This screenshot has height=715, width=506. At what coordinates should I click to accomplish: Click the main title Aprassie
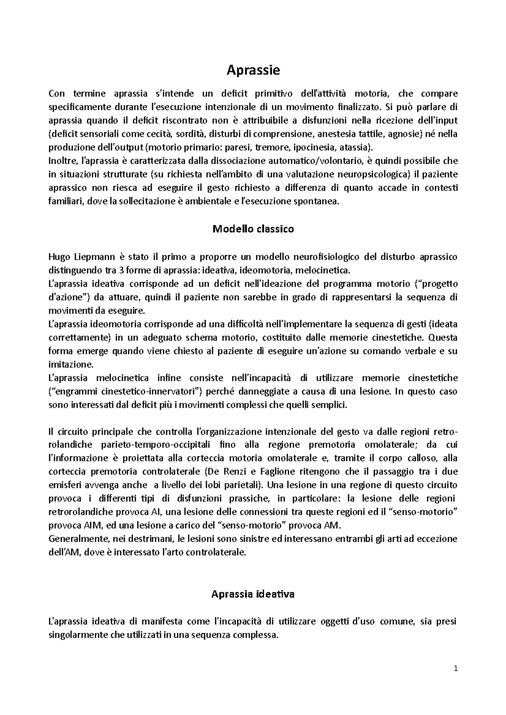click(253, 70)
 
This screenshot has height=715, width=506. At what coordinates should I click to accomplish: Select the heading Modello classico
click(253, 229)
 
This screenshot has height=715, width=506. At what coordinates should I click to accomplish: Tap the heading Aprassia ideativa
click(253, 594)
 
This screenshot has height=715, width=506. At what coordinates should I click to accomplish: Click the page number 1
click(455, 668)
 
